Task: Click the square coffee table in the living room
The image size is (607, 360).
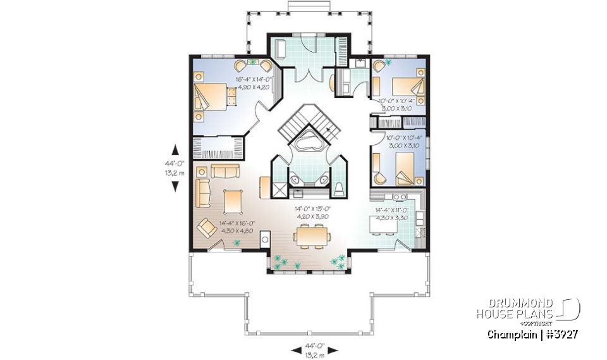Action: pos(232,202)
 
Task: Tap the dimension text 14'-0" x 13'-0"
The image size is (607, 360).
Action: pos(310,208)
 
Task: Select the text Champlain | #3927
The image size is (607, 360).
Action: pos(532,333)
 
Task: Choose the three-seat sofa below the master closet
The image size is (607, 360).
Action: pos(226,171)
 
